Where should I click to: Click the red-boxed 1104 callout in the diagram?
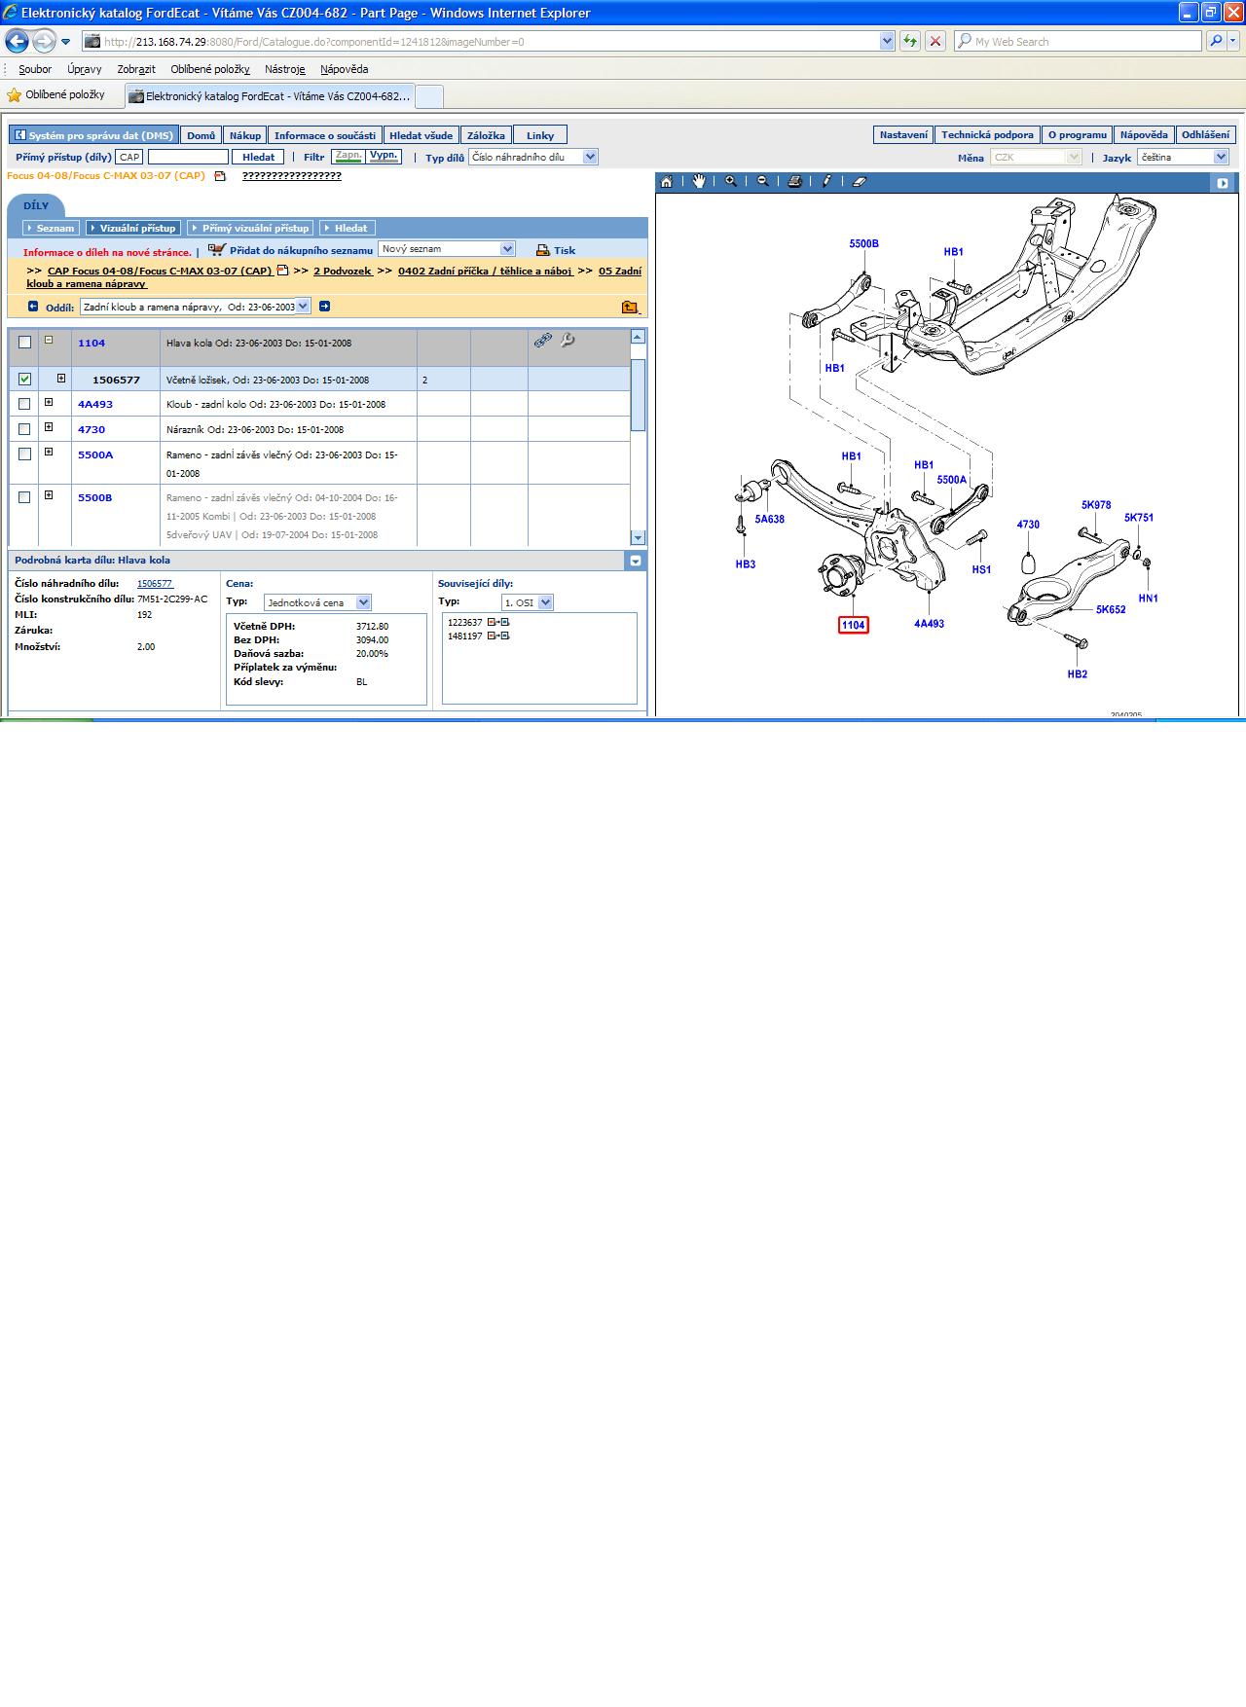pos(853,625)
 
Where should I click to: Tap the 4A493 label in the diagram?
pos(929,624)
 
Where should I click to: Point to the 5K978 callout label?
pos(1096,505)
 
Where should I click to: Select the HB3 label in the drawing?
pos(746,564)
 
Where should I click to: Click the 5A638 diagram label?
pos(769,520)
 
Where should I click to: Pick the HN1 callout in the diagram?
pos(1149,599)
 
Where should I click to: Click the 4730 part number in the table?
pos(92,429)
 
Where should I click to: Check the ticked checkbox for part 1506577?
pos(24,380)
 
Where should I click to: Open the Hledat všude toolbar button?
pos(421,135)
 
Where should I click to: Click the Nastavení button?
pos(903,135)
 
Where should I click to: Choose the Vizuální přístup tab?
pos(133,228)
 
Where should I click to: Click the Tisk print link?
pos(556,250)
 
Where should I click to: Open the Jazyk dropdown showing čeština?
pos(1183,157)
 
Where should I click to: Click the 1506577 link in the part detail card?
pos(155,584)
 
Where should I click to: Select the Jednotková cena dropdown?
pos(317,602)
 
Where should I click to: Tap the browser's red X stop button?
pos(935,41)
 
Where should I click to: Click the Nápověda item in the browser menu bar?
pos(345,69)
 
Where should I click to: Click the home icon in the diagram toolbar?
pos(667,182)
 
